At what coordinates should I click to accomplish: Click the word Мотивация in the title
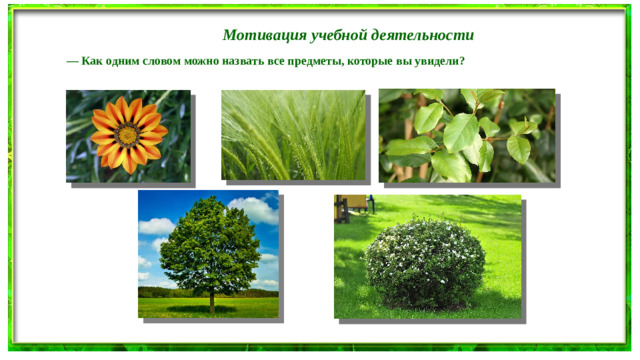tap(258, 35)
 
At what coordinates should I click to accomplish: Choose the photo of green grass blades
tap(292, 135)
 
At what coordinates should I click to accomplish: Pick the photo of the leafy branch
tap(466, 135)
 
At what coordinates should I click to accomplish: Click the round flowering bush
tap(424, 262)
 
